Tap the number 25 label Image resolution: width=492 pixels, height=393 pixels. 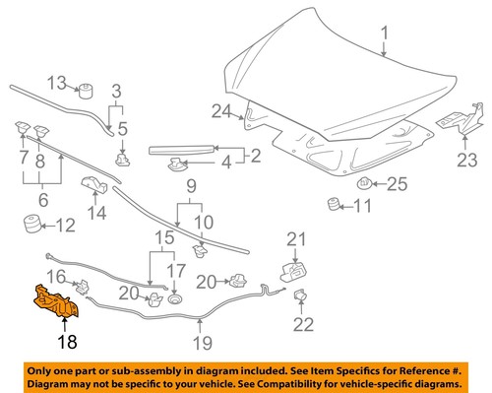pos(396,183)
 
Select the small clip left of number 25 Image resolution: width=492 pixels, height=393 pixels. pos(365,182)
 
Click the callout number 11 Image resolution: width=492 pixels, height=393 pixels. pos(363,207)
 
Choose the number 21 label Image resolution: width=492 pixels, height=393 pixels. pos(297,237)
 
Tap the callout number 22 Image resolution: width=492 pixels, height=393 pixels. pos(304,325)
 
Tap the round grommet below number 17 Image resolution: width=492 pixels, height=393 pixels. pos(174,297)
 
